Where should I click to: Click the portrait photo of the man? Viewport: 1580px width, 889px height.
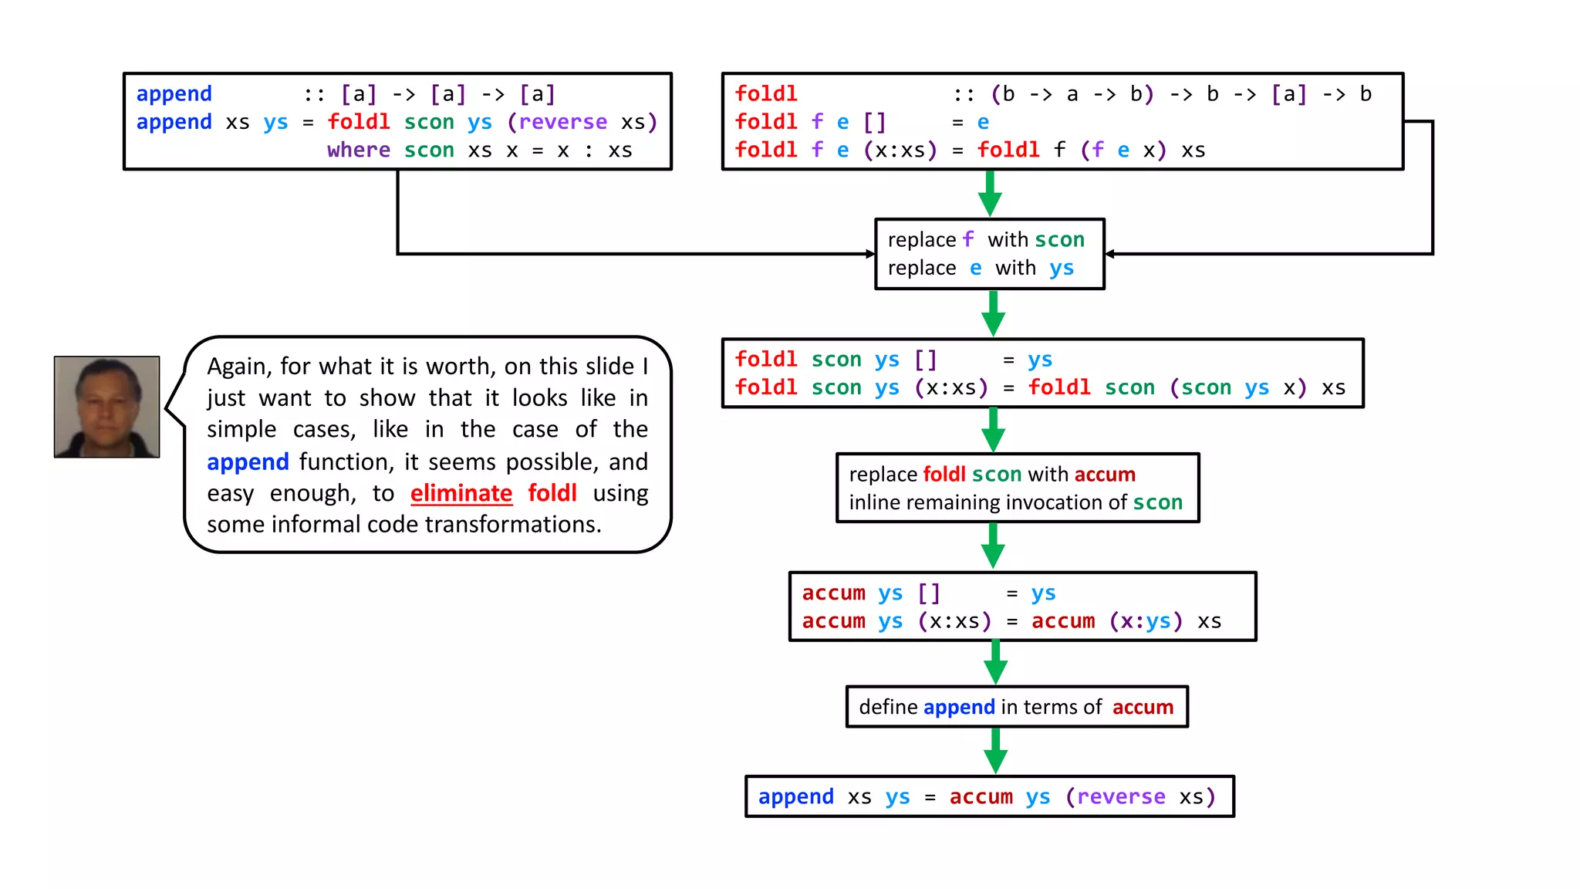[x=106, y=407]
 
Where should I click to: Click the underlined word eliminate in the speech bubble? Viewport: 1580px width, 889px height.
[x=461, y=493]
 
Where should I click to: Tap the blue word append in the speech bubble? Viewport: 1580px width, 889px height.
[x=248, y=461]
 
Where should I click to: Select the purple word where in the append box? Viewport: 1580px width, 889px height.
[x=358, y=150]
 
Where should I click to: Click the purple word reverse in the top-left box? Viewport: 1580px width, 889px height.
[x=562, y=122]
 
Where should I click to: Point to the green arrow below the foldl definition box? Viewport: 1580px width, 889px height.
[x=990, y=193]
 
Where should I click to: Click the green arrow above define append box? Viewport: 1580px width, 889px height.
[x=995, y=662]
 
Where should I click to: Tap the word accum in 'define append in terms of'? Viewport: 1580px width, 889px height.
[x=1142, y=707]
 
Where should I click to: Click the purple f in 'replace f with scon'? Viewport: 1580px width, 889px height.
[x=967, y=239]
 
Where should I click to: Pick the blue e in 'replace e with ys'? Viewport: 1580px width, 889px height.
[x=976, y=268]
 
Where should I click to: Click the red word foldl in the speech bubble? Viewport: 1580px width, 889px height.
[x=552, y=493]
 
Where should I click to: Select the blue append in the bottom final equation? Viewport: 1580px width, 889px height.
[x=795, y=796]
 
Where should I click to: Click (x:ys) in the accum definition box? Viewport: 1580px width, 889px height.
[x=1145, y=621]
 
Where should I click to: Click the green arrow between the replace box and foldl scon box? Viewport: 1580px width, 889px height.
[x=993, y=313]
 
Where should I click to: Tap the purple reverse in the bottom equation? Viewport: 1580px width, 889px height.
[x=1120, y=796]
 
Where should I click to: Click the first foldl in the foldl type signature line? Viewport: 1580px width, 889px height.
[x=765, y=93]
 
